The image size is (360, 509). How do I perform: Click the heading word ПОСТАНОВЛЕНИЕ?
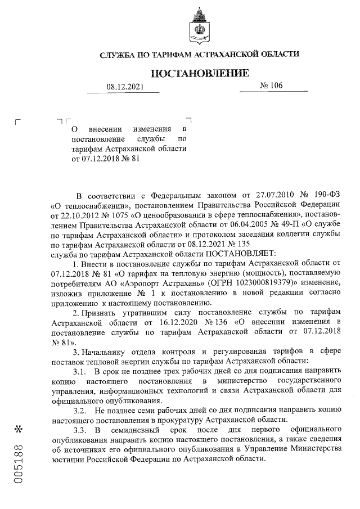point(199,73)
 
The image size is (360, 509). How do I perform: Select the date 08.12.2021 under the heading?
point(125,87)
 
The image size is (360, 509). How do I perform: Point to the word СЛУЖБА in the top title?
point(118,55)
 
